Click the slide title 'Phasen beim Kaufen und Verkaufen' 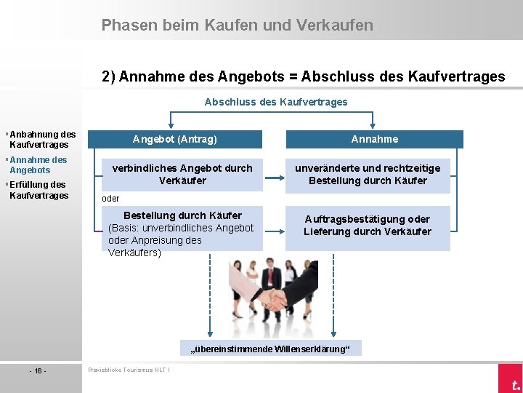point(237,25)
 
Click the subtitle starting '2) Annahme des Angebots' point(303,76)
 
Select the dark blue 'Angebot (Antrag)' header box point(174,139)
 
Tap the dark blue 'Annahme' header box point(374,139)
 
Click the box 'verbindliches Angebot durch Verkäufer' point(182,174)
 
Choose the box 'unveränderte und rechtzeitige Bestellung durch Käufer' point(368,174)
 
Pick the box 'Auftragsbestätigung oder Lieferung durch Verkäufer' point(368,226)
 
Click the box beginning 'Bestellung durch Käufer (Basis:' point(182,234)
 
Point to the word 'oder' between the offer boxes point(110,199)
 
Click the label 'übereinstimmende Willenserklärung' point(270,349)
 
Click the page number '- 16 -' point(38,371)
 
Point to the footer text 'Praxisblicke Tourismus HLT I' point(129,370)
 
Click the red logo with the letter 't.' point(511,381)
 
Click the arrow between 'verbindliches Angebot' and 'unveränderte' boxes point(274,177)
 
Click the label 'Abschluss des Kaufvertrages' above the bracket point(276,102)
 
